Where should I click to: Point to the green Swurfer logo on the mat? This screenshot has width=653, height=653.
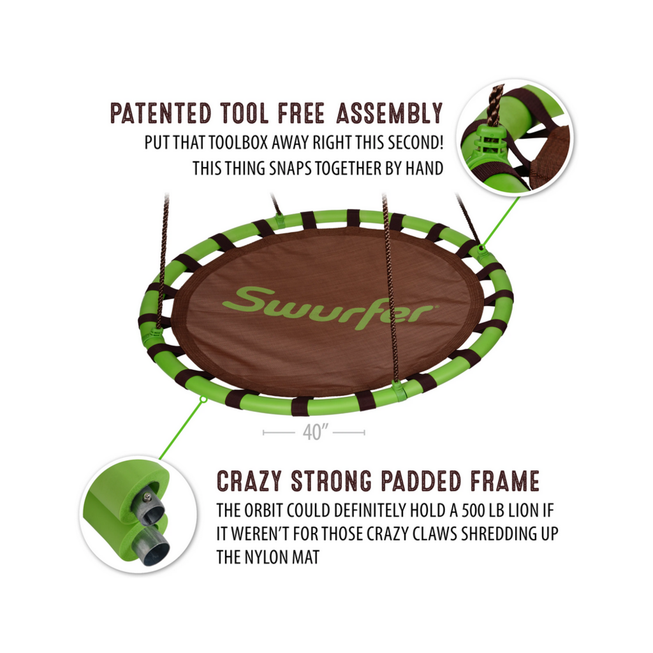pos(328,307)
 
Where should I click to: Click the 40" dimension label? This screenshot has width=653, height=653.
pos(314,432)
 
